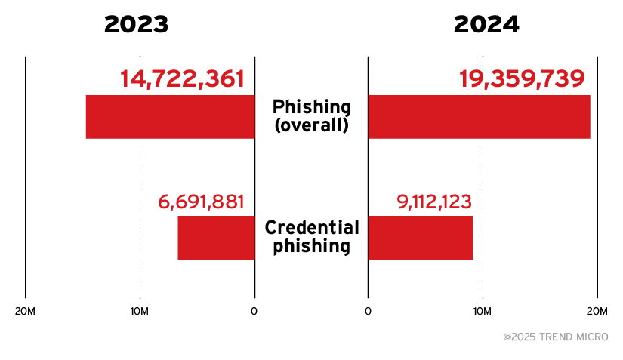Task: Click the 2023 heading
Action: click(136, 24)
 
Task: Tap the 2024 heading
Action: click(486, 24)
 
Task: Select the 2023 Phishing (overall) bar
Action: click(170, 117)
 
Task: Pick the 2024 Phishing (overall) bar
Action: click(479, 117)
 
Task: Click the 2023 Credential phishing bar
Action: click(216, 238)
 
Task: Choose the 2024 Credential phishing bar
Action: click(420, 238)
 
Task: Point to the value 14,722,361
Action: click(182, 78)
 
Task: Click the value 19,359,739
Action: click(522, 78)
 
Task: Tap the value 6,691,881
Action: click(202, 202)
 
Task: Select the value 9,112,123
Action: click(434, 202)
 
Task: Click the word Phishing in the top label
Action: click(311, 106)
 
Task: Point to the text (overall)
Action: click(311, 125)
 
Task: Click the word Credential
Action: click(311, 228)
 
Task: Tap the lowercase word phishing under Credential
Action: click(311, 246)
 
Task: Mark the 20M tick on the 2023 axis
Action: click(26, 312)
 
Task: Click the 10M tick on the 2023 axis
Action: click(140, 312)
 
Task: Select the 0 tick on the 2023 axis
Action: click(254, 312)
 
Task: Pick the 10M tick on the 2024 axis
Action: click(483, 312)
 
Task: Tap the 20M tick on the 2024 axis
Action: click(597, 312)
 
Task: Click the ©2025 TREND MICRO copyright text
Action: click(556, 337)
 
